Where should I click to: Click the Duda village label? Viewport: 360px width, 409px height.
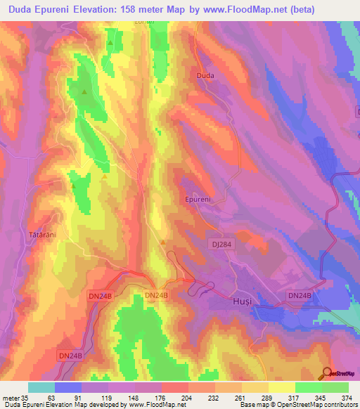205,74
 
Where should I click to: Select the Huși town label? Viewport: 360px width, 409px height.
241,301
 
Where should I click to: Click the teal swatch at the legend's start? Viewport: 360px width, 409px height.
41,387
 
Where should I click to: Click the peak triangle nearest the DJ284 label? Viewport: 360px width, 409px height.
163,243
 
